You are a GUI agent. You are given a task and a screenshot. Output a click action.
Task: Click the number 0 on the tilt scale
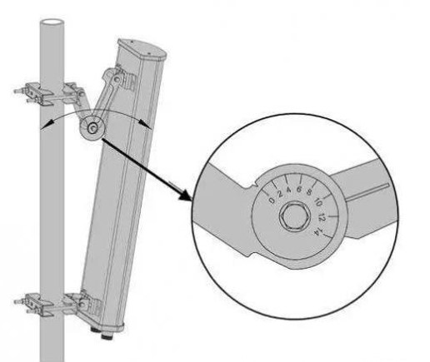(272, 201)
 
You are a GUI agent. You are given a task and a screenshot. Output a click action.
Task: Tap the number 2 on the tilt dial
(280, 194)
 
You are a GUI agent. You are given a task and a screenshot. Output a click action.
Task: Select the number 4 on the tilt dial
(289, 191)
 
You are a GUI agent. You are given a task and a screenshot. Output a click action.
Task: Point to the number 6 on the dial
(299, 190)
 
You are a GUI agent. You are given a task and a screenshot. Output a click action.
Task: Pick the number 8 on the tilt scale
(308, 193)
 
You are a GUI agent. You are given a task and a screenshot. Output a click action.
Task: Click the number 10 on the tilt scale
(318, 201)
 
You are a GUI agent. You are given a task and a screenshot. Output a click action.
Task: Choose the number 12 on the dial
(322, 217)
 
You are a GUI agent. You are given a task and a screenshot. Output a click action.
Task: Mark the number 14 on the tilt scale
(317, 231)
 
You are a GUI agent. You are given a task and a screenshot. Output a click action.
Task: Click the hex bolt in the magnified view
(294, 216)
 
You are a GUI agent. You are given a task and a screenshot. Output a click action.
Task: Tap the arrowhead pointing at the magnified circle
(186, 195)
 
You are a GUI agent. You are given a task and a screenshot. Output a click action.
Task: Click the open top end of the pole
(52, 22)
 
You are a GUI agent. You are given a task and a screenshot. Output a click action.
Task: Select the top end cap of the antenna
(142, 49)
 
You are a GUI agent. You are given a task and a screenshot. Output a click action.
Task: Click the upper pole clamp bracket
(50, 94)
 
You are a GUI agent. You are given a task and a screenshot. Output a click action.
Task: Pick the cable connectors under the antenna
(102, 334)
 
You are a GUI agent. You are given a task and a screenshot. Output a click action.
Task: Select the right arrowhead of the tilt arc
(145, 123)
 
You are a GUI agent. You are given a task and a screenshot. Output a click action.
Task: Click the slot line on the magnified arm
(367, 191)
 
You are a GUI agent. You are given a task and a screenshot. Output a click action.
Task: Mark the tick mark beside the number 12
(333, 216)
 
